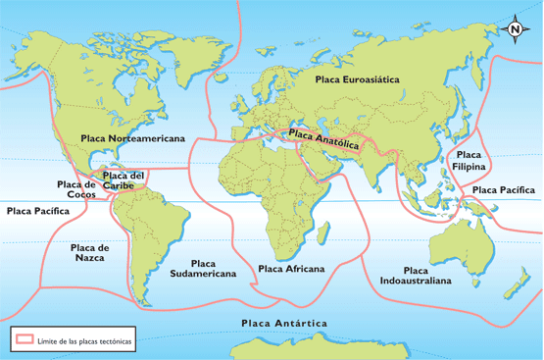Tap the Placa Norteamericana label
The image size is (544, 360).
[x=133, y=139]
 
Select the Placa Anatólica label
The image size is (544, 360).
[x=324, y=139]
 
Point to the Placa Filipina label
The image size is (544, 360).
[x=469, y=161]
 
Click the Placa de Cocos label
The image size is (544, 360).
[x=75, y=188]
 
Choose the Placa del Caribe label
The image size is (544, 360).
[x=124, y=180]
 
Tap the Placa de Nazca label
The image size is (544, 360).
[x=89, y=252]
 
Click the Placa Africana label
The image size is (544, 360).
[x=291, y=268]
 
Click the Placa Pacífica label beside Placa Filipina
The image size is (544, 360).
[x=504, y=189]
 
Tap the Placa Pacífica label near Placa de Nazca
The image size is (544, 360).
[x=37, y=211]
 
